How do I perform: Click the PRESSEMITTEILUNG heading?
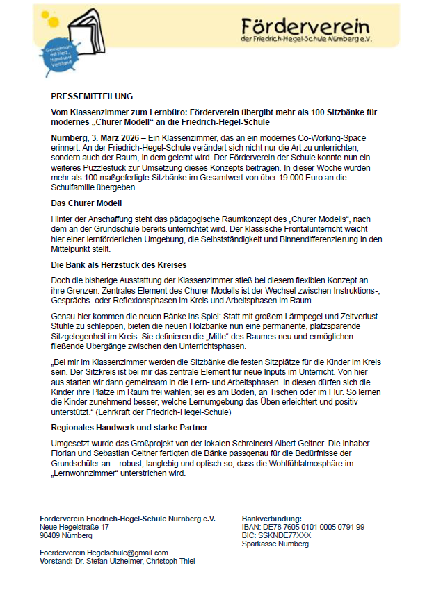(92, 96)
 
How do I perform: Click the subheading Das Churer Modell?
(86, 203)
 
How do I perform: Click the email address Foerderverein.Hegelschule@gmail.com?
(104, 553)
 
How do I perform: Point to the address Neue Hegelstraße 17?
(74, 527)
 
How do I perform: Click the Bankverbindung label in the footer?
(271, 519)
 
